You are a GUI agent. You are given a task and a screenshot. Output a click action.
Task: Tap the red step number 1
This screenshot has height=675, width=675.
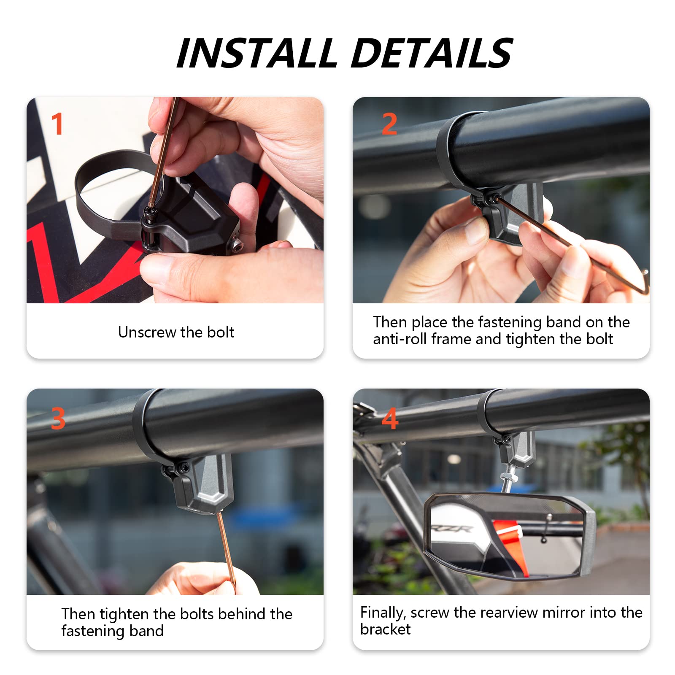pyautogui.click(x=57, y=124)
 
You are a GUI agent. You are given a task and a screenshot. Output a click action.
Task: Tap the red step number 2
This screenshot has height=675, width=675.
pyautogui.click(x=389, y=124)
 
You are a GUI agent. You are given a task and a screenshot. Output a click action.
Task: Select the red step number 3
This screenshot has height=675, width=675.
pyautogui.click(x=58, y=418)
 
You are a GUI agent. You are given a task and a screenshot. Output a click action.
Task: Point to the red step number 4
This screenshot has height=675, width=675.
pyautogui.click(x=390, y=418)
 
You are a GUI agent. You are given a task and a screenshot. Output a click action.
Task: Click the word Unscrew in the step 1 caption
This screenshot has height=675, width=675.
pyautogui.click(x=141, y=332)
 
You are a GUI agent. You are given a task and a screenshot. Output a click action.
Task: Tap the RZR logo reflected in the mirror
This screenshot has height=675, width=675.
pyautogui.click(x=451, y=528)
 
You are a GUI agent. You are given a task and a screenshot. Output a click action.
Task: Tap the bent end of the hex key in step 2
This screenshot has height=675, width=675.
pyautogui.click(x=644, y=283)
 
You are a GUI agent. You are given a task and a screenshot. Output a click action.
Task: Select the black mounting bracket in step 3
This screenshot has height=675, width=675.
pyautogui.click(x=207, y=485)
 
